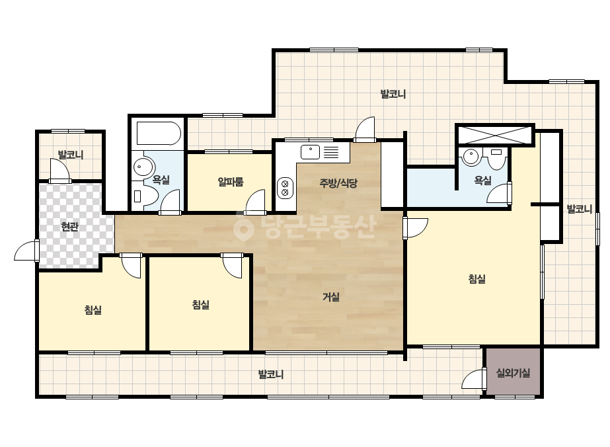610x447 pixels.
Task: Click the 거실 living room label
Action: (331, 297)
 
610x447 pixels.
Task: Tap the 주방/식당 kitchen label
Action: (338, 183)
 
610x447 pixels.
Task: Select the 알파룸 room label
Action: (231, 181)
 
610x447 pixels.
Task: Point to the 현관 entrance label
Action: (70, 227)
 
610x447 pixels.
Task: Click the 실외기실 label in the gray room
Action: (513, 373)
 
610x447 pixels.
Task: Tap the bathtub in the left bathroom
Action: (159, 134)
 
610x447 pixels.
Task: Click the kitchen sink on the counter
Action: (310, 152)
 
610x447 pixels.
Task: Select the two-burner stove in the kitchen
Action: (285, 188)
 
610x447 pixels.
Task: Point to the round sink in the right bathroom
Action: (471, 156)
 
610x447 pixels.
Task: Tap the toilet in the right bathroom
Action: (496, 159)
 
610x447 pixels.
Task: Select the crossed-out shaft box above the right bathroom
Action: (494, 135)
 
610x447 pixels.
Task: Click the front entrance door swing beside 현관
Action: (26, 251)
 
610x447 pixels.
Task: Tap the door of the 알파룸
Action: (256, 202)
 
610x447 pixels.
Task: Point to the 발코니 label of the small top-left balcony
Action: (71, 155)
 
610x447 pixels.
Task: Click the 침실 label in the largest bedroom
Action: (477, 279)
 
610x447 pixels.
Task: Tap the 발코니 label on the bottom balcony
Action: (271, 374)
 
